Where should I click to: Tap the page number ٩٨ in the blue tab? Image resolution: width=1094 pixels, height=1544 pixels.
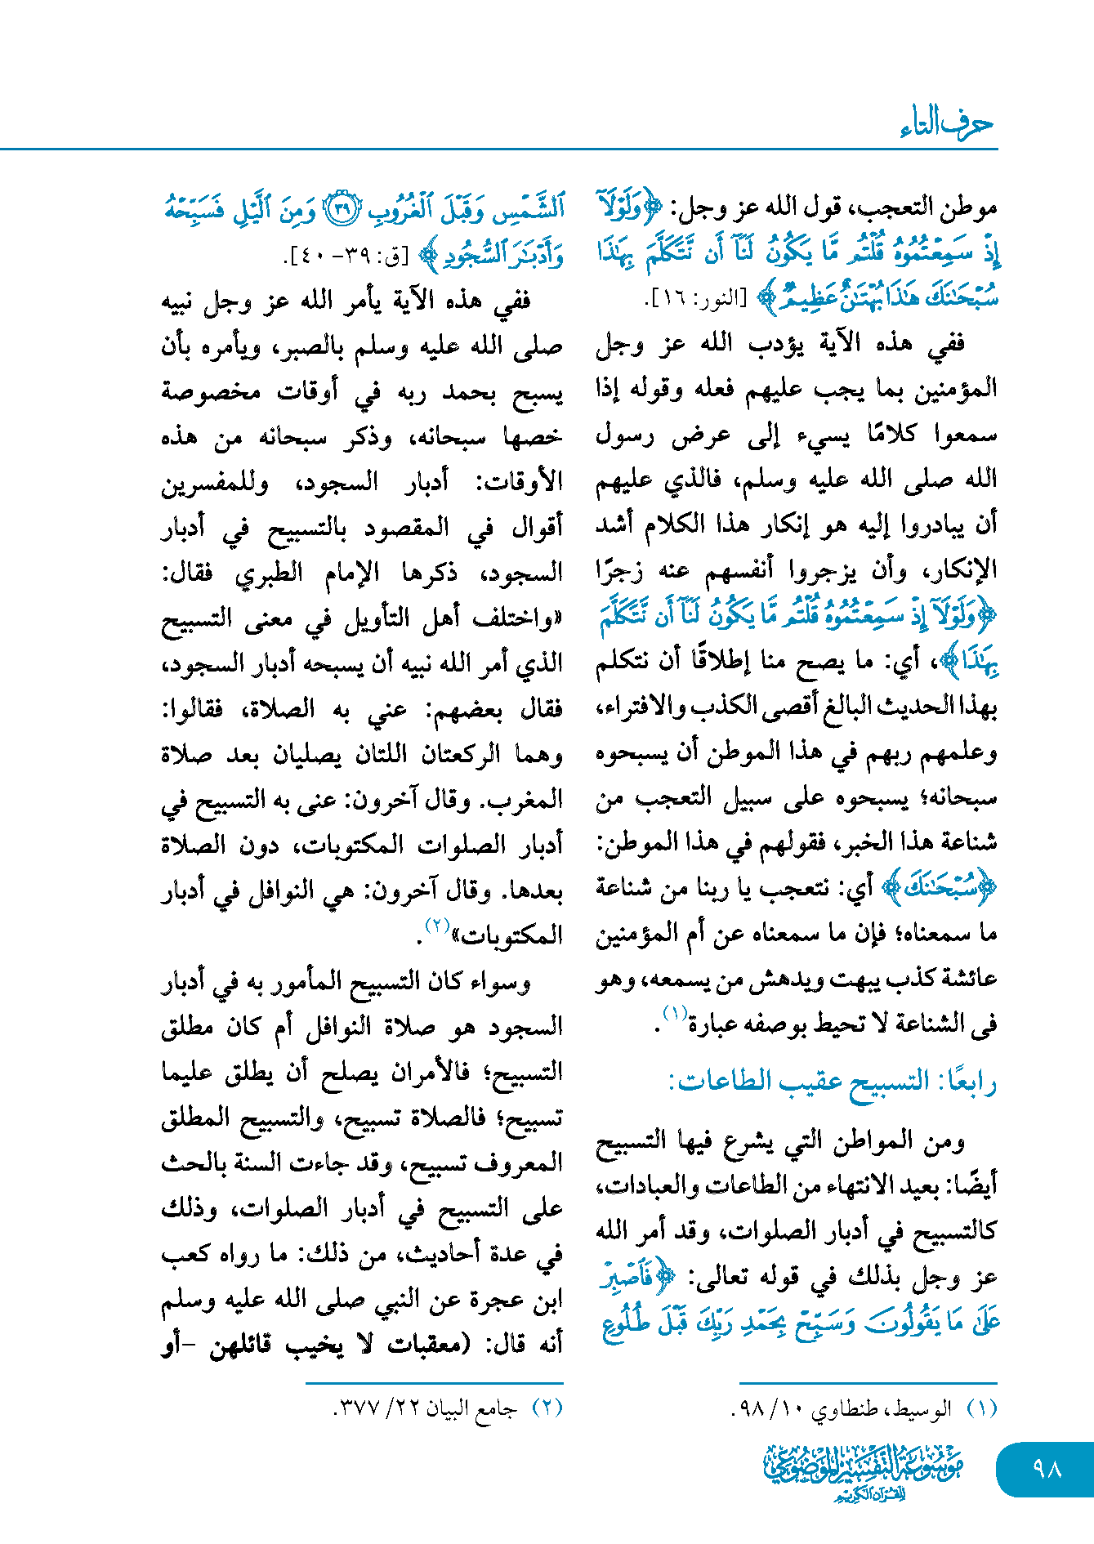(x=1047, y=1469)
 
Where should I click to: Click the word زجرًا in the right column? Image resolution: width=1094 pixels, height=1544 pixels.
(x=620, y=569)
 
